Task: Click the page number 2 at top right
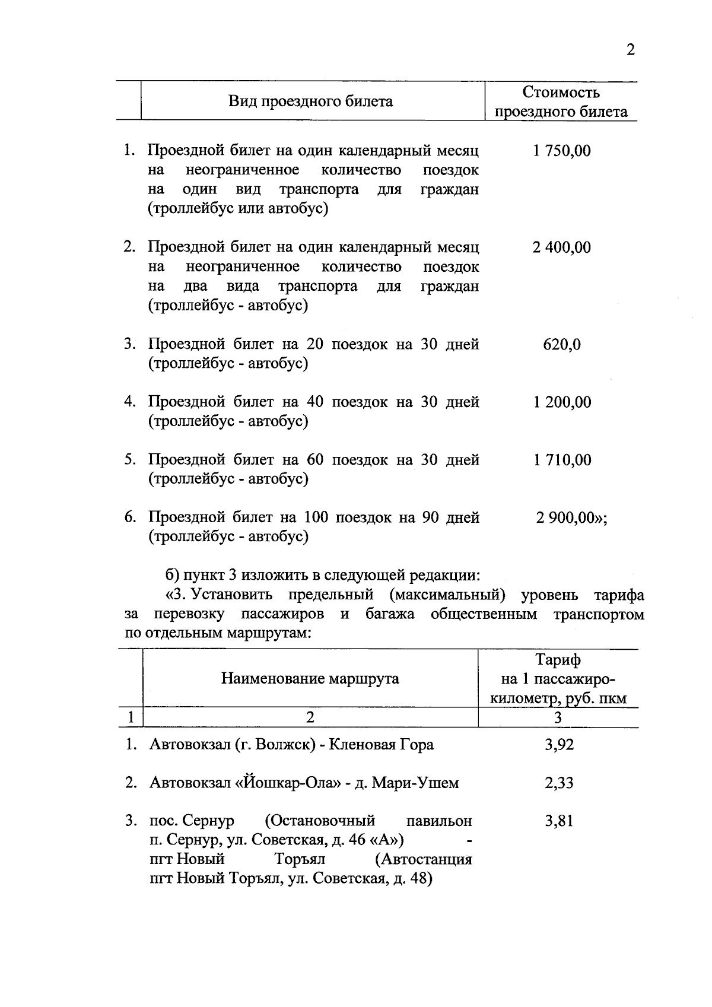tap(630, 50)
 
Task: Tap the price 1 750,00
tap(561, 151)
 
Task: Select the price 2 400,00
tap(561, 247)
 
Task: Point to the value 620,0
tap(561, 344)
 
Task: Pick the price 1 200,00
tap(562, 402)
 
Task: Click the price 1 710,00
tap(562, 460)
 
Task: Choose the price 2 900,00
tap(565, 517)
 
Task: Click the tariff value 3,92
tap(559, 744)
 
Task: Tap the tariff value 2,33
tap(559, 783)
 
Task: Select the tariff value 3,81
tap(559, 821)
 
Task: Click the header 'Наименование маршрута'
tap(310, 678)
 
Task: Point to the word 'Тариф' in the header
tap(558, 659)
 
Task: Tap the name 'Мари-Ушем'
tap(415, 783)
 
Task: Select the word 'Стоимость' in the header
tap(561, 93)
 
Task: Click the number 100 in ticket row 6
tap(315, 517)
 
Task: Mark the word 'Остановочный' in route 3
tap(320, 821)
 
